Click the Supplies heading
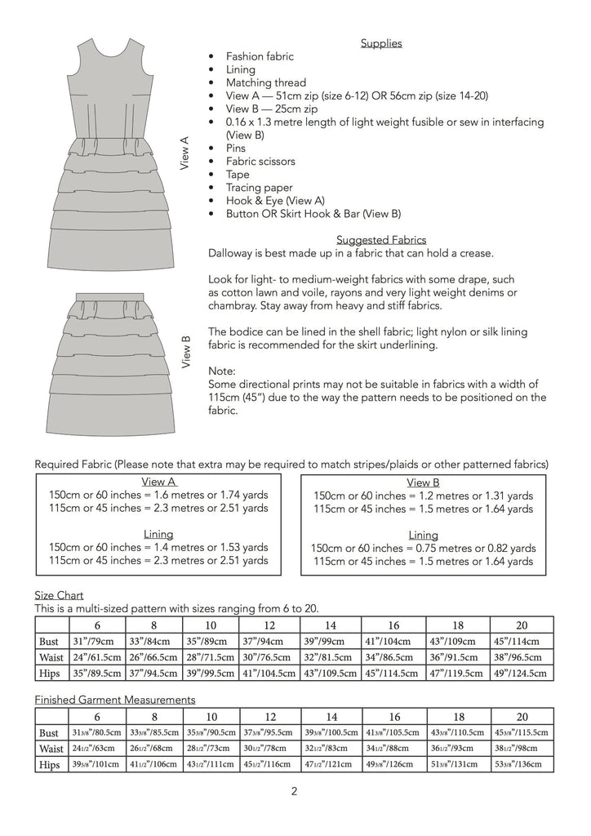tap(381, 43)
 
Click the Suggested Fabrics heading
tap(381, 240)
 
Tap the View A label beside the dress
tap(184, 153)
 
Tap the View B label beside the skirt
tap(184, 352)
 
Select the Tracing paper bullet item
tap(259, 188)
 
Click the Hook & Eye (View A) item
tap(275, 201)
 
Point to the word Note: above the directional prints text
tap(223, 371)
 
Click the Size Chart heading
tap(59, 595)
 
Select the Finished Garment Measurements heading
tap(115, 700)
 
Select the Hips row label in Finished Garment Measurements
tap(50, 765)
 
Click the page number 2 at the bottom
tap(295, 790)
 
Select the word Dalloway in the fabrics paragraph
tap(233, 253)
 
